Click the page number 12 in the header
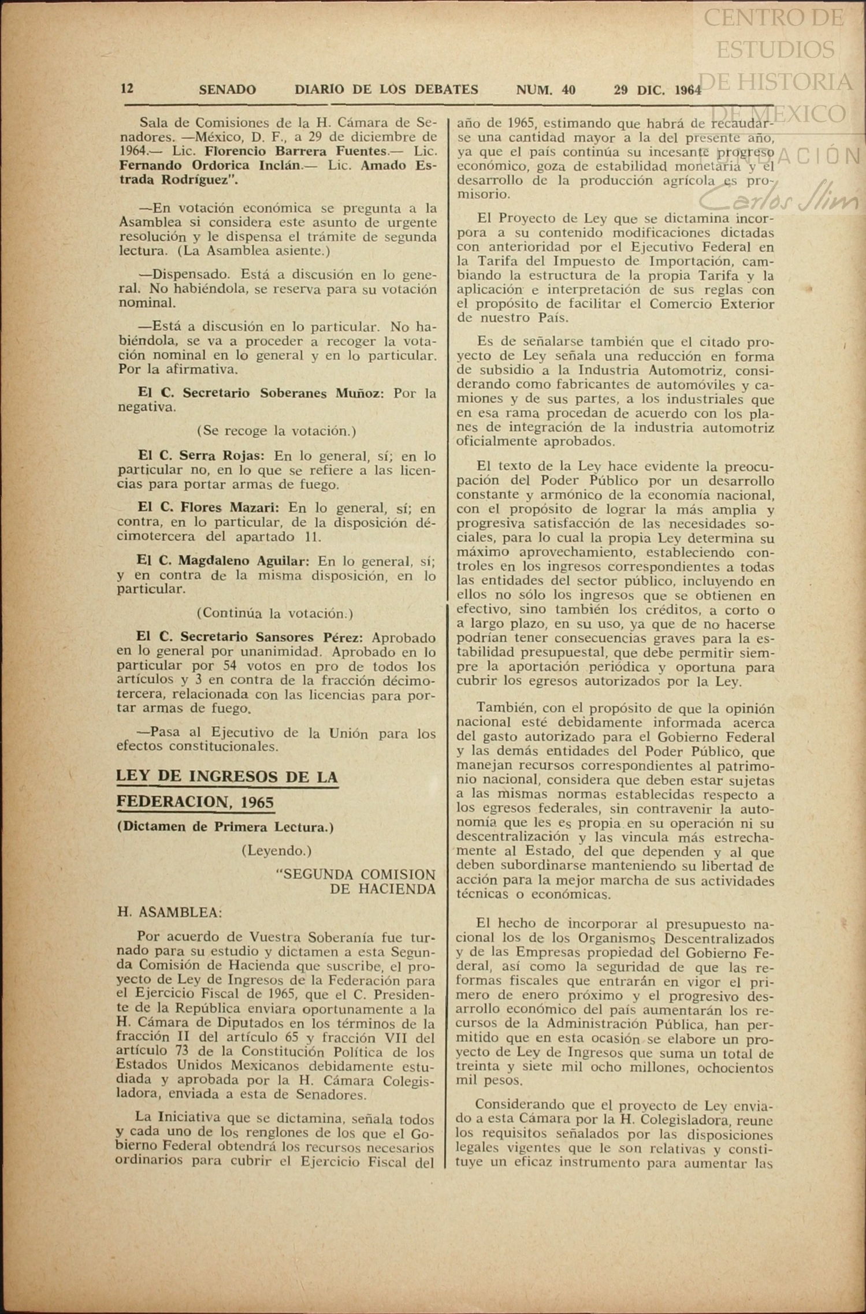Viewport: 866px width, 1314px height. [x=127, y=88]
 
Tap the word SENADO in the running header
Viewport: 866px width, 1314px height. [x=227, y=90]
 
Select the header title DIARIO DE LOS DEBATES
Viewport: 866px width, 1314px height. [x=386, y=90]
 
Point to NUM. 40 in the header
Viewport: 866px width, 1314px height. [x=545, y=90]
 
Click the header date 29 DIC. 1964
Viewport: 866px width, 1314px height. [x=657, y=90]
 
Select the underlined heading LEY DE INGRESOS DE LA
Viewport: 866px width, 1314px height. [x=227, y=776]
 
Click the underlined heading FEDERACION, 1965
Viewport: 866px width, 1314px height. [x=195, y=802]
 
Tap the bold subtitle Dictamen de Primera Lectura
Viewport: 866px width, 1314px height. [x=225, y=827]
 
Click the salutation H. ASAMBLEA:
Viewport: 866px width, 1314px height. [x=169, y=912]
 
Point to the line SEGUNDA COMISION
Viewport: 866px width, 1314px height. [x=356, y=874]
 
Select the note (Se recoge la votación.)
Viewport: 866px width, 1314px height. [x=276, y=431]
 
